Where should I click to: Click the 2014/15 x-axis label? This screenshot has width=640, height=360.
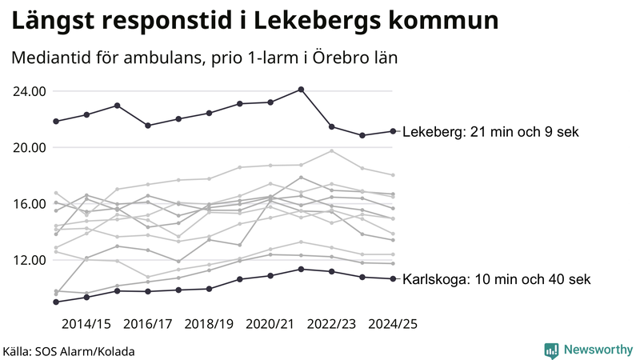click(86, 325)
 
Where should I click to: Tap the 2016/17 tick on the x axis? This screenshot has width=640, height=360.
click(148, 325)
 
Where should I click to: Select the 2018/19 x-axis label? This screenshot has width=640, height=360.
click(209, 325)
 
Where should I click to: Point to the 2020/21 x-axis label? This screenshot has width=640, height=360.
click(270, 325)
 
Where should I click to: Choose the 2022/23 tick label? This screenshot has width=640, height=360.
click(331, 325)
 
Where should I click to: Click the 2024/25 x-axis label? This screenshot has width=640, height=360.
click(393, 325)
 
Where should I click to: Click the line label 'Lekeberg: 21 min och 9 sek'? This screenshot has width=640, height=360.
click(490, 132)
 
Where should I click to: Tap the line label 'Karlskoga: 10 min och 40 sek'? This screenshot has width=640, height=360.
click(496, 279)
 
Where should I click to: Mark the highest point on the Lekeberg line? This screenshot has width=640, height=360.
click(301, 90)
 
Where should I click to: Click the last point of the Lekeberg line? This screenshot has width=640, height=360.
click(393, 131)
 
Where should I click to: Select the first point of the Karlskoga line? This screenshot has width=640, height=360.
click(56, 302)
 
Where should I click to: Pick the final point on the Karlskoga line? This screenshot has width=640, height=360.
click(393, 278)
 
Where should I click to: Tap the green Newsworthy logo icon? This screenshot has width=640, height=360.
click(551, 350)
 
